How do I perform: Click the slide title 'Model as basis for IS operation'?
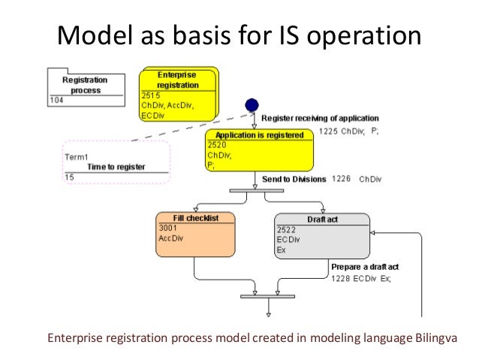pyautogui.click(x=239, y=34)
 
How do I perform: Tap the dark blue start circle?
pyautogui.click(x=252, y=105)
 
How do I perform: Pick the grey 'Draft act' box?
pyautogui.click(x=322, y=235)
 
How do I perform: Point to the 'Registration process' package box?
pyautogui.click(x=86, y=85)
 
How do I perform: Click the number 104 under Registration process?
pyautogui.click(x=56, y=99)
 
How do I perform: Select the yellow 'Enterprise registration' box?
pyautogui.click(x=179, y=94)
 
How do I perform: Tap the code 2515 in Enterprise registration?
pyautogui.click(x=151, y=96)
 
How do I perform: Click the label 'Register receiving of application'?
pyautogui.click(x=320, y=118)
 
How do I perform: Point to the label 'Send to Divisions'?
pyautogui.click(x=294, y=180)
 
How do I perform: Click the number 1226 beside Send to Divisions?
pyautogui.click(x=341, y=180)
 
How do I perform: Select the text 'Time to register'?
pyautogui.click(x=116, y=167)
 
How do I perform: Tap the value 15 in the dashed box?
pyautogui.click(x=69, y=177)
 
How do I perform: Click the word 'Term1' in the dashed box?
pyautogui.click(x=77, y=157)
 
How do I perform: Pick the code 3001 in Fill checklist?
pyautogui.click(x=167, y=228)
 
